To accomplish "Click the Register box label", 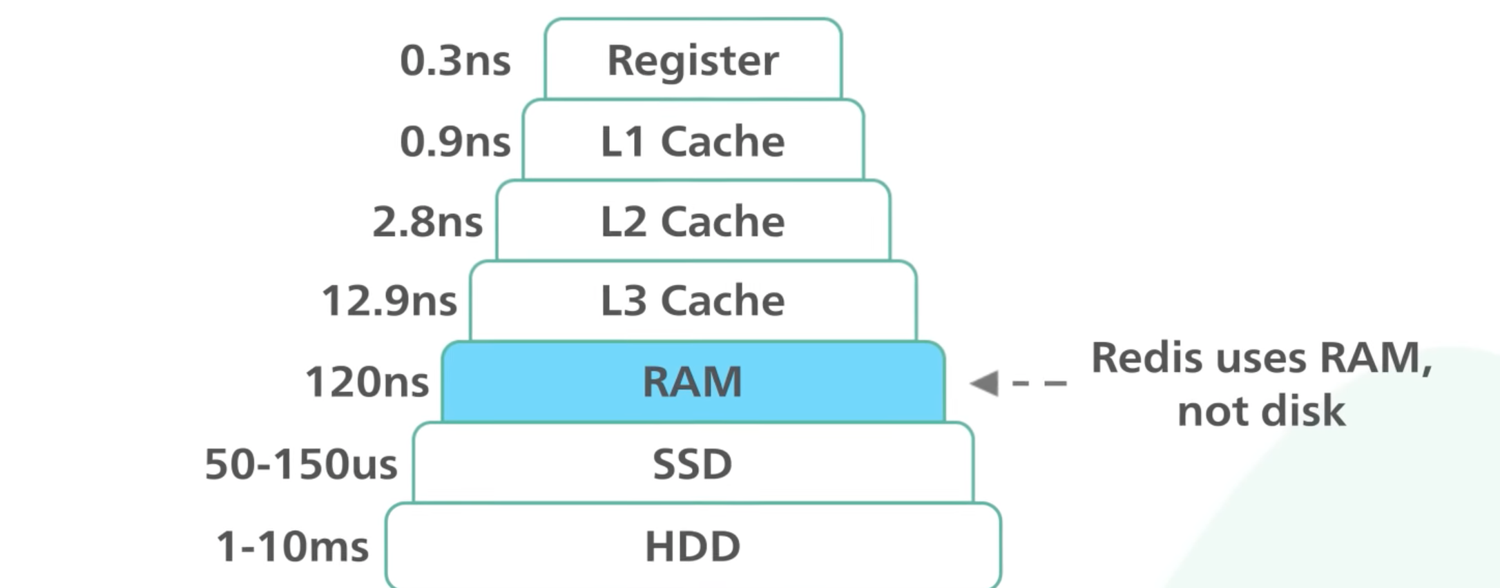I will coord(693,61).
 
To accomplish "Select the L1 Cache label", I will coord(693,141).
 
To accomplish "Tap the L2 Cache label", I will coord(693,222).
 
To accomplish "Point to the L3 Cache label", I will coord(693,301).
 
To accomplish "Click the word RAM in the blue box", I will coord(693,382).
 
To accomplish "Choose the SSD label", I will coord(693,464).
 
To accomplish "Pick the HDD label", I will coord(693,547).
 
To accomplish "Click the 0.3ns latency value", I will coord(455,61).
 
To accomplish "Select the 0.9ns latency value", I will coord(455,141).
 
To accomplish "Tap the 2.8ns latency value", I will coord(427,222).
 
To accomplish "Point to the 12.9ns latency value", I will coord(390,302).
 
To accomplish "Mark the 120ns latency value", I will coord(367,382).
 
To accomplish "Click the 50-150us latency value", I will coord(301,464).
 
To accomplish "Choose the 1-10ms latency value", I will coord(293,547).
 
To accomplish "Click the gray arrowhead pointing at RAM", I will coord(985,383).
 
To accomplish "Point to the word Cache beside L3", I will coord(722,301).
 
